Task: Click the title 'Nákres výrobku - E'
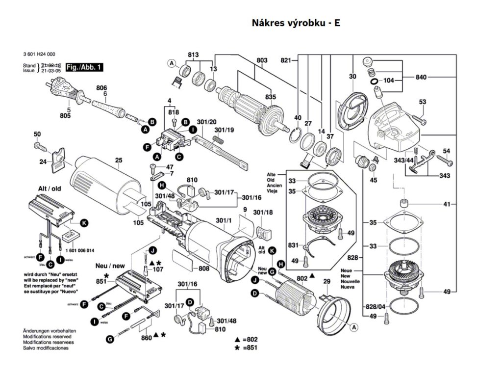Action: click(x=296, y=23)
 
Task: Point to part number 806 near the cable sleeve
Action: click(x=101, y=87)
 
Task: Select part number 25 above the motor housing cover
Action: click(x=118, y=160)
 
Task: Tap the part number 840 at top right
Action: click(x=421, y=77)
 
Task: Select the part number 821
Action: click(x=286, y=60)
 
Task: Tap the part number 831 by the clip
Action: click(x=293, y=245)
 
